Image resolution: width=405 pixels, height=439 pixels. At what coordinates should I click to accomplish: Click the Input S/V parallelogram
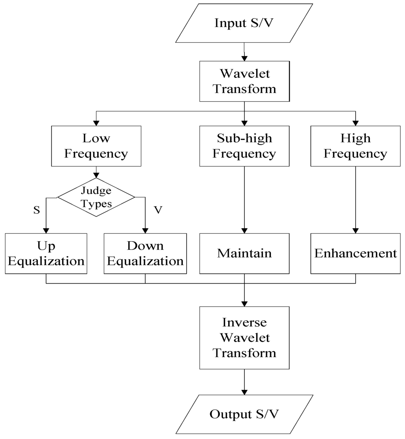[x=244, y=23]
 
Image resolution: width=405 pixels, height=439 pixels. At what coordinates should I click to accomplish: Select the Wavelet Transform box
[x=244, y=81]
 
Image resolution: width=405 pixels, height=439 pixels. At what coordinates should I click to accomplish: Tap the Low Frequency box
[x=96, y=146]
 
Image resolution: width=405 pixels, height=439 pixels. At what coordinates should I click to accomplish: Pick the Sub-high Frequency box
[x=244, y=146]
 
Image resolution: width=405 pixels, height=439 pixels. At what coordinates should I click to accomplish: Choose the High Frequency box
[x=355, y=146]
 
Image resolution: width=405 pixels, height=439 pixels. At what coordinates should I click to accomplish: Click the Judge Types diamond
[x=96, y=197]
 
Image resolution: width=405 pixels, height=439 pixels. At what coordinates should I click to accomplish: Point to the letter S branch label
[x=36, y=210]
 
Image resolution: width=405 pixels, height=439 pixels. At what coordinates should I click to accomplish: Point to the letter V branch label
[x=158, y=210]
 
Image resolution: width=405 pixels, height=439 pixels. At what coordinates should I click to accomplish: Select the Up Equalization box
[x=46, y=254]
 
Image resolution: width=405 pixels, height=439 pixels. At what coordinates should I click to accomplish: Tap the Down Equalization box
[x=145, y=254]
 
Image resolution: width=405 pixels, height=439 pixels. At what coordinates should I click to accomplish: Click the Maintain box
[x=244, y=254]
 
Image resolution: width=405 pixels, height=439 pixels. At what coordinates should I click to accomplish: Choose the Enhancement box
[x=355, y=254]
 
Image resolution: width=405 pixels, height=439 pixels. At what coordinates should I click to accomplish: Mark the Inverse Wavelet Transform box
[x=244, y=338]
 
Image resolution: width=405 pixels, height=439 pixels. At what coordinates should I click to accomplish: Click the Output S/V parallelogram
[x=244, y=414]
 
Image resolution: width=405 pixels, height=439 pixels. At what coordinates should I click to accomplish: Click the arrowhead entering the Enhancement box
[x=355, y=231]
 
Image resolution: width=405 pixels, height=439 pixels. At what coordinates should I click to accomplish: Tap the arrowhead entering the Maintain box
[x=244, y=231]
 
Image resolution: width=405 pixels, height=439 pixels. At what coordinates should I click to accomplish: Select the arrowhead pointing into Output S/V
[x=244, y=392]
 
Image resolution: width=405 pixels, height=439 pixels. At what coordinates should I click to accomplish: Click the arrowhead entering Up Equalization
[x=46, y=231]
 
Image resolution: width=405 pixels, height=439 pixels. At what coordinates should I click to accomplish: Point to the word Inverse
[x=244, y=323]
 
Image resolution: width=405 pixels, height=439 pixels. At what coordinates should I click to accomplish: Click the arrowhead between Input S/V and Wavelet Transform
[x=244, y=59]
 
